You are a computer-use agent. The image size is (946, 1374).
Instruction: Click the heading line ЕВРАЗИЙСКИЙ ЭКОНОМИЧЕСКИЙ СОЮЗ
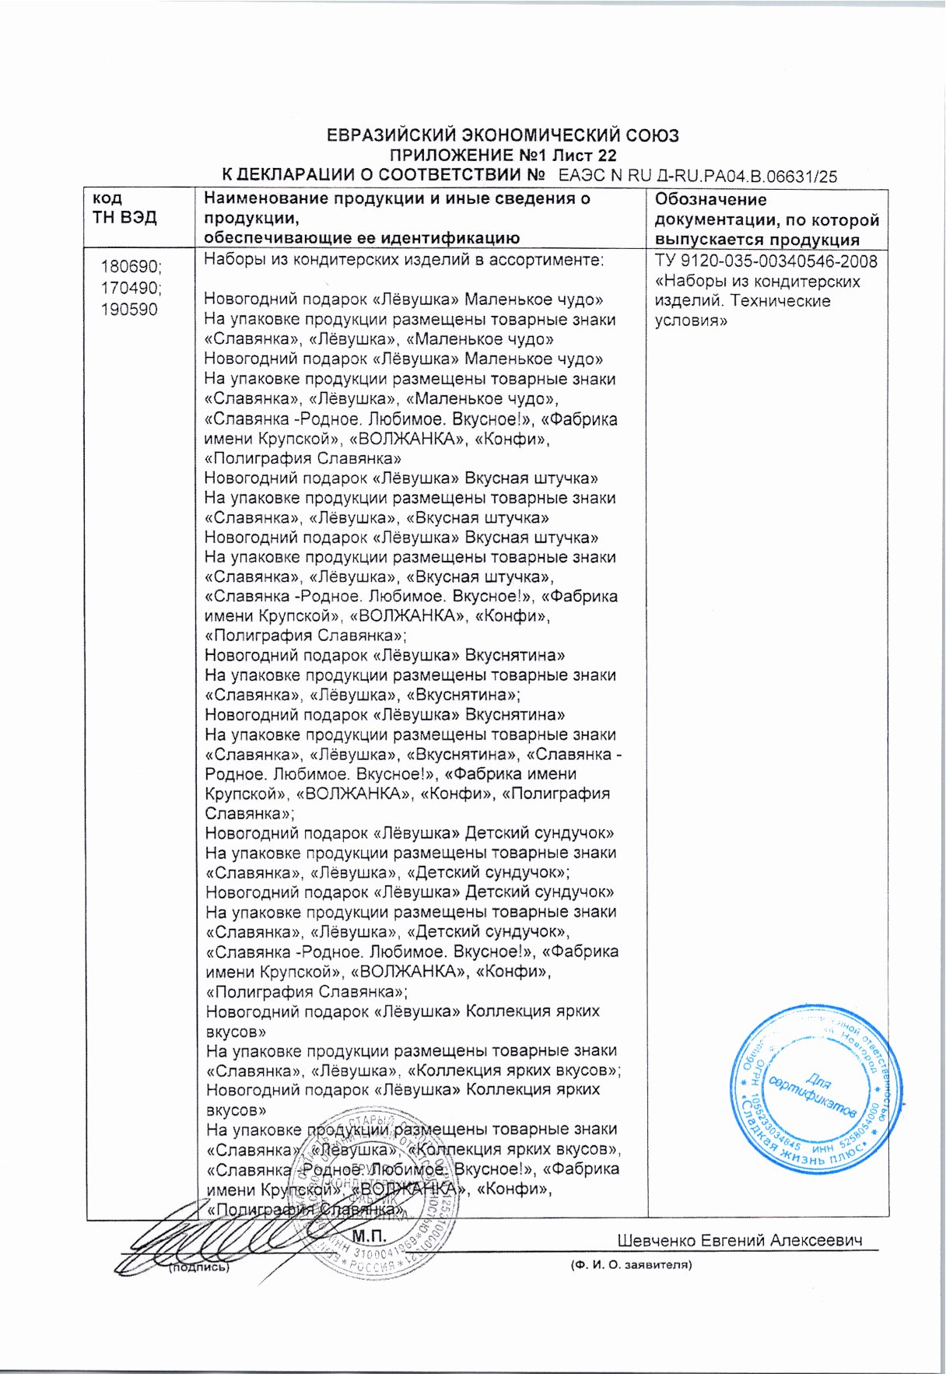pos(502,136)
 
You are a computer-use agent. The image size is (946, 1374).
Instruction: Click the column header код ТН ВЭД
pos(124,209)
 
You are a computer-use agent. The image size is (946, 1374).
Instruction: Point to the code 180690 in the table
pos(131,267)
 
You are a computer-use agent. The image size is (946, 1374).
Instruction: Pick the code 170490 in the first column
pos(131,289)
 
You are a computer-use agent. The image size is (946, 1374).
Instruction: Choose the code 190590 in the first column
pos(129,310)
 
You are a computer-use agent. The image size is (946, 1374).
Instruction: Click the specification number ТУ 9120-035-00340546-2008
pos(766,261)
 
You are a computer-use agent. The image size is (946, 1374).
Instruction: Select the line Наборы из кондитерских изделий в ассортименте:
pos(404,261)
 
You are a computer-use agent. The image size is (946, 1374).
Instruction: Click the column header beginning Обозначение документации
pos(766,219)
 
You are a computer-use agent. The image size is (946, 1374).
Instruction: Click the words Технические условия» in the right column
pos(743,310)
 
